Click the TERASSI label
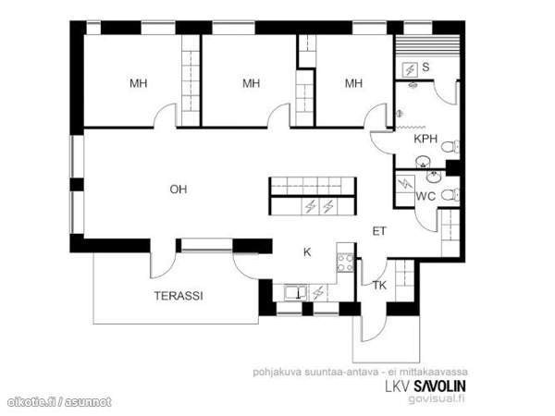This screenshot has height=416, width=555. point(179,296)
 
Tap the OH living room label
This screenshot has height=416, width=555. point(178,190)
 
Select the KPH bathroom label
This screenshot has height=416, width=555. point(425,139)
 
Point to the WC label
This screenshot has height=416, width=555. point(425,196)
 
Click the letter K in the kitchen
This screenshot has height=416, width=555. point(306,251)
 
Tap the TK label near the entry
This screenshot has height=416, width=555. point(379,286)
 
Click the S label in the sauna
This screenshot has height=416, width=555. point(426,67)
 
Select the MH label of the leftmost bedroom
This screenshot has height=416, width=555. point(139,83)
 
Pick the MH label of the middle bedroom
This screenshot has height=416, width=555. point(252,83)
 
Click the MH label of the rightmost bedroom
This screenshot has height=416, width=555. point(353,83)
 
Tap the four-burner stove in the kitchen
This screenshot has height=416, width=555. point(345,262)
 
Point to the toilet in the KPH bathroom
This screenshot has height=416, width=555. point(449,148)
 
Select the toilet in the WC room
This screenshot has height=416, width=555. point(449,195)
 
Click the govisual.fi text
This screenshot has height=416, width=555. point(438,399)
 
